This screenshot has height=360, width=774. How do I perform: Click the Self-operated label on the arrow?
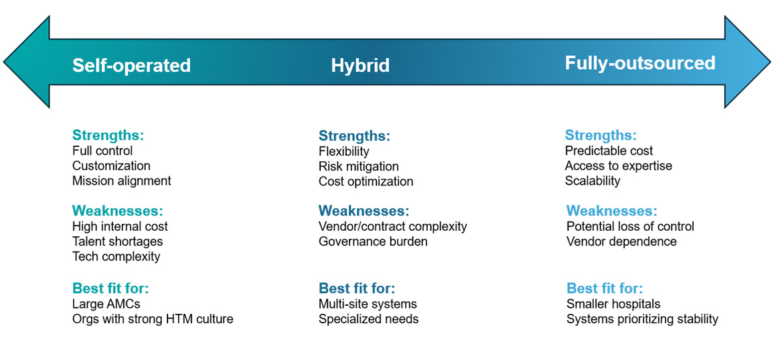tap(131, 66)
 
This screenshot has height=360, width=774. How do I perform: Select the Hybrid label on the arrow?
tap(360, 66)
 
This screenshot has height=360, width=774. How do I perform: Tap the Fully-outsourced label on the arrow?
tap(639, 63)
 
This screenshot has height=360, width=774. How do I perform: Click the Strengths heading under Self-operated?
tap(108, 135)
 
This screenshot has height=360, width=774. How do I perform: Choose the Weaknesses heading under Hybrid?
tap(364, 211)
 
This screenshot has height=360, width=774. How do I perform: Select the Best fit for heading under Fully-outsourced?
tap(604, 288)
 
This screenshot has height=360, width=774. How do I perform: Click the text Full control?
tap(102, 151)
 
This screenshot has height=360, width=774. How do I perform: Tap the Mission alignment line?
tap(121, 181)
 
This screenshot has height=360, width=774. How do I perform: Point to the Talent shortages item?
tap(117, 242)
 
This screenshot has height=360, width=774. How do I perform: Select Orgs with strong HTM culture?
tap(153, 319)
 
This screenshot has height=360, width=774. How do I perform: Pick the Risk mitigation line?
tap(358, 167)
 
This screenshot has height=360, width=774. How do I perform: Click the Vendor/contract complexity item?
tap(392, 226)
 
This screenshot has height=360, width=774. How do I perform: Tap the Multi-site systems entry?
tap(368, 304)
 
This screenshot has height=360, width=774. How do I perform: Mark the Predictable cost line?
tap(609, 151)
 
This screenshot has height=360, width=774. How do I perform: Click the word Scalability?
tap(593, 181)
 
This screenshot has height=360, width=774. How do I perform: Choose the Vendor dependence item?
tap(621, 242)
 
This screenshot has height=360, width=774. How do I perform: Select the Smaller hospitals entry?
tap(613, 304)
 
